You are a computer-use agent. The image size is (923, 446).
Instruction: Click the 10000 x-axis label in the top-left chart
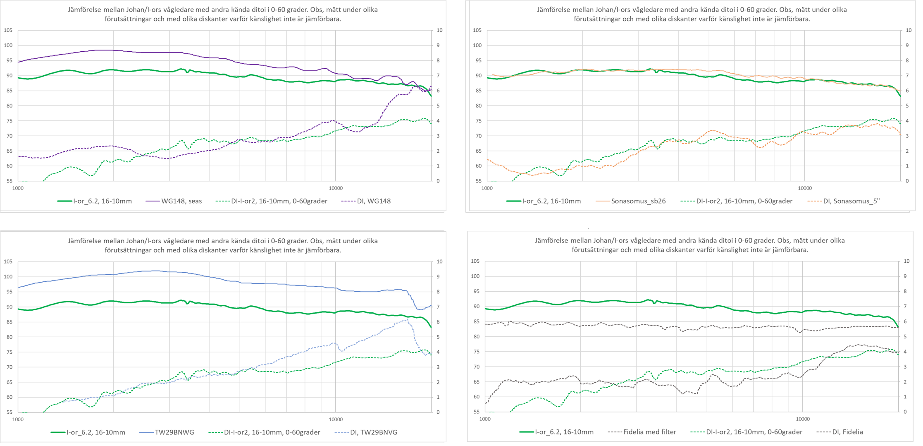(x=336, y=188)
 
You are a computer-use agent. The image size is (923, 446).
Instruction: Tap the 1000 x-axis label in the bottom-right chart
(x=485, y=419)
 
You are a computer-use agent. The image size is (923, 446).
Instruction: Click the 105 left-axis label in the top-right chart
(x=477, y=30)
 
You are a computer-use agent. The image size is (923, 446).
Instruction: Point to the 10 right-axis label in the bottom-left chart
(x=439, y=261)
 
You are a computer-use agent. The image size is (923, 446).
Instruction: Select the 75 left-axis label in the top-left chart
(x=8, y=121)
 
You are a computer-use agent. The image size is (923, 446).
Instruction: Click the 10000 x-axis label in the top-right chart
(x=804, y=188)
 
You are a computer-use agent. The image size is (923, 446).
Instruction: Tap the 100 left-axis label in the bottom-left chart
(x=8, y=277)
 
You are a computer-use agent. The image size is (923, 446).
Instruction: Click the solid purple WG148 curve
(x=165, y=53)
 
